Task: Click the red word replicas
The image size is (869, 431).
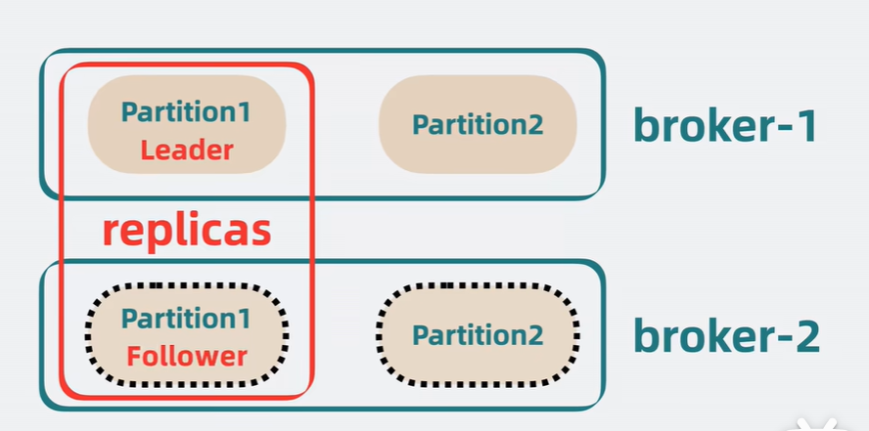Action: click(x=186, y=231)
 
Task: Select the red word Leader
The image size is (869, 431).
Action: click(x=186, y=151)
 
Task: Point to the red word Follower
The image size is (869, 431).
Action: click(x=186, y=356)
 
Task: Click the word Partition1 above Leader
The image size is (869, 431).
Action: click(x=186, y=111)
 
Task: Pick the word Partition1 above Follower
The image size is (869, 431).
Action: click(x=186, y=318)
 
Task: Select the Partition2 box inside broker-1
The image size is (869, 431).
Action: click(x=478, y=125)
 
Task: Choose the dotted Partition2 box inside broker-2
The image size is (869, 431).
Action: click(x=478, y=335)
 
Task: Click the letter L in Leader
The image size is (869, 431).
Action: click(x=146, y=151)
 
